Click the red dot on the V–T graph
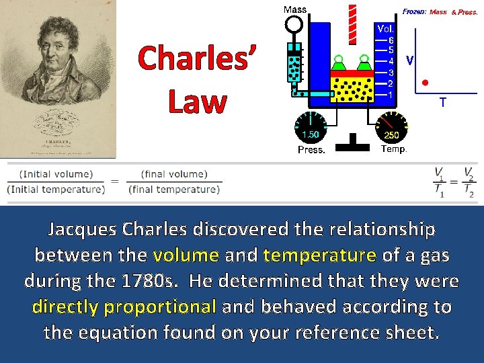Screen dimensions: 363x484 [x=425, y=83]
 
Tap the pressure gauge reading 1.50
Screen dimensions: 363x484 [x=311, y=128]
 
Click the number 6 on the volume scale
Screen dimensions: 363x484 [x=391, y=40]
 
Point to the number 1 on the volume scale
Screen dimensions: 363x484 [x=391, y=95]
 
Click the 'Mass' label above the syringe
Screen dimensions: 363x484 [x=295, y=9]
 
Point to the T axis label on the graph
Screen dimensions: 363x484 [x=442, y=103]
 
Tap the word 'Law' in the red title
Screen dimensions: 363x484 [x=197, y=102]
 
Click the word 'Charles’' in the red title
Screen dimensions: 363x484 [x=197, y=59]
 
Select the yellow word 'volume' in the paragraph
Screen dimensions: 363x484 [x=186, y=255]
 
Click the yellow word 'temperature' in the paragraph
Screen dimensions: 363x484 [x=319, y=255]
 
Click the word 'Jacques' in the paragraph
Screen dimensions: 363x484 [x=83, y=230]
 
